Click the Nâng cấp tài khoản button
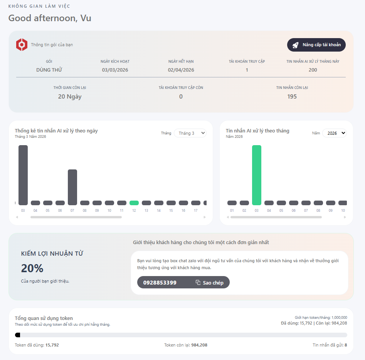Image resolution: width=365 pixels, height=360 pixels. [x=316, y=45]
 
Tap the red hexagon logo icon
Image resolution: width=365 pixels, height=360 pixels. [x=22, y=45]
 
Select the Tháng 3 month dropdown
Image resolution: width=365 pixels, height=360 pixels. [x=190, y=133]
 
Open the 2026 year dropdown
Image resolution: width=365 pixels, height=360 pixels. [x=334, y=133]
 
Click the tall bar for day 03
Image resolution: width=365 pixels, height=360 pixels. [x=23, y=175]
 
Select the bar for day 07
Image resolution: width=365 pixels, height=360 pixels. [x=72, y=187]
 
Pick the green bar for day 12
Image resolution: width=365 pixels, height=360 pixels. [x=134, y=203]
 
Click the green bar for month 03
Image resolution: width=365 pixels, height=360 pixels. [x=257, y=175]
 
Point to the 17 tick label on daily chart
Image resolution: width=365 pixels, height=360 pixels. [x=195, y=211]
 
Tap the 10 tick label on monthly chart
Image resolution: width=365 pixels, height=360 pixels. [x=343, y=211]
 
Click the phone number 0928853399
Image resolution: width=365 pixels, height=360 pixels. [x=160, y=283]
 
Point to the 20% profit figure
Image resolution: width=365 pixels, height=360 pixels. [x=32, y=268]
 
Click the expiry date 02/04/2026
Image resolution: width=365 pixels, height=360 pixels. [x=181, y=70]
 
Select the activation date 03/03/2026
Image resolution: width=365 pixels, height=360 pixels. [x=115, y=70]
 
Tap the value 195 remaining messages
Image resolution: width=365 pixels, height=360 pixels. [x=292, y=97]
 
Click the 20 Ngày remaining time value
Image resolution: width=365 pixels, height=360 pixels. [x=70, y=97]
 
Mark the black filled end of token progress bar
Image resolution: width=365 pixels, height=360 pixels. [x=18, y=335]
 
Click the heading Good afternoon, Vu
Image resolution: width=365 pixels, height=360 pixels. [x=50, y=18]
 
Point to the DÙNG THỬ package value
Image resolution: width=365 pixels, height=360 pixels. [x=49, y=70]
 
